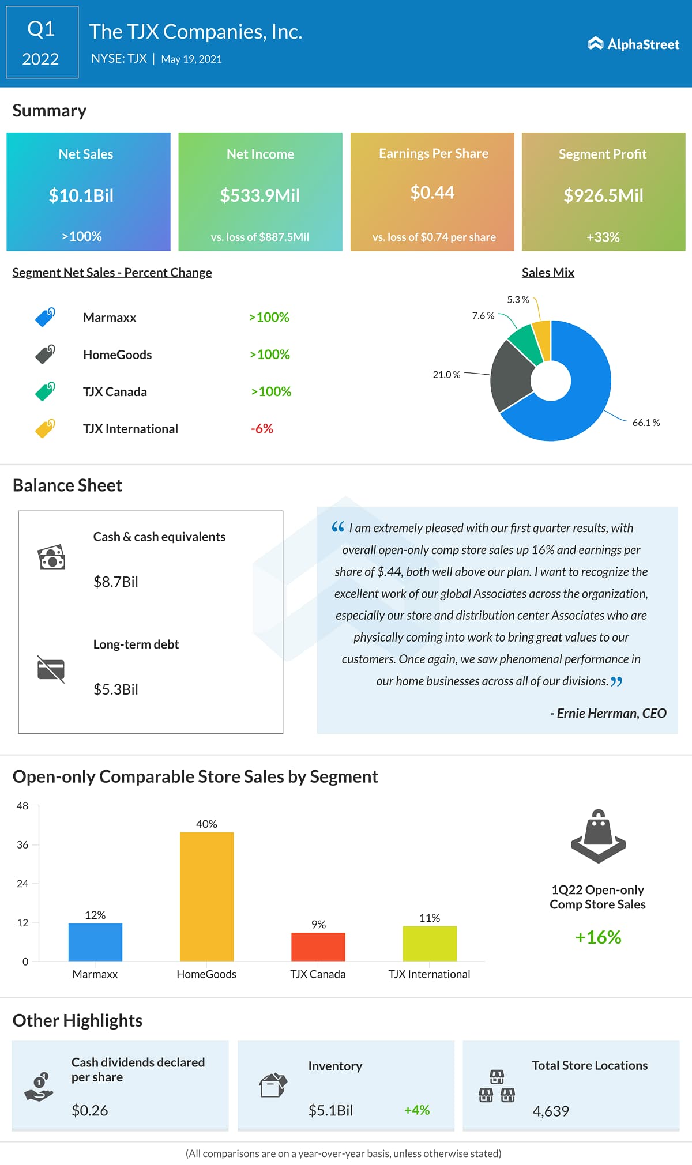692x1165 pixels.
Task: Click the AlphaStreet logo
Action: (633, 44)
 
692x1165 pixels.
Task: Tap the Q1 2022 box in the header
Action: (42, 42)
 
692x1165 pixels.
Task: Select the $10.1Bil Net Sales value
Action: (81, 195)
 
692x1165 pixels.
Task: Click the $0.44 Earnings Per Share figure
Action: (432, 193)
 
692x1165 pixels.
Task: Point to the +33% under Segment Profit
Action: (603, 237)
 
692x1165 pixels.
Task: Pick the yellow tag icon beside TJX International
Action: (45, 428)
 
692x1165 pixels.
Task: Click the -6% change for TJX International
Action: (262, 428)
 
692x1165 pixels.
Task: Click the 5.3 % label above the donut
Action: (518, 300)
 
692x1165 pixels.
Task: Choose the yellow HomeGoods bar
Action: (206, 896)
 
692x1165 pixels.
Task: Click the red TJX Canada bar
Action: (318, 946)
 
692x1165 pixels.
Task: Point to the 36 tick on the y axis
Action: (22, 844)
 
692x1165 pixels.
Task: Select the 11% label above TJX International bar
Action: (430, 918)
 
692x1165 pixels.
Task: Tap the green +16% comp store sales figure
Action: (598, 937)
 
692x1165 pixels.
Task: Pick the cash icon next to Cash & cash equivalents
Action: (51, 557)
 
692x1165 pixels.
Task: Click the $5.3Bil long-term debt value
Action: (116, 689)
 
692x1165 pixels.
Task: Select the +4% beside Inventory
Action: (417, 1110)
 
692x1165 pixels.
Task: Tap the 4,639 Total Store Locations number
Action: (551, 1111)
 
